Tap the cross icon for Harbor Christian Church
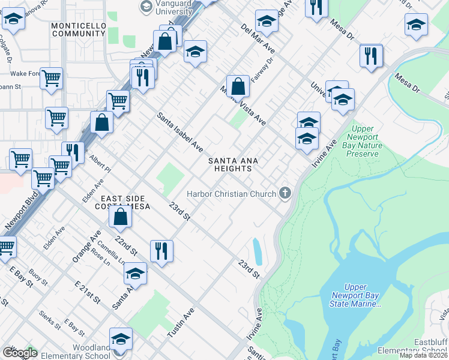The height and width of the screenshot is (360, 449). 285,193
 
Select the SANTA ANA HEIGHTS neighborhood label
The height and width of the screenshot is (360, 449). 234,164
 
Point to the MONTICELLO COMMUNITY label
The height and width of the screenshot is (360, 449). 79,30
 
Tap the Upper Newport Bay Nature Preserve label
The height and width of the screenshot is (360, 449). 363,141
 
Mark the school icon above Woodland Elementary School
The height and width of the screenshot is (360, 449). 121,339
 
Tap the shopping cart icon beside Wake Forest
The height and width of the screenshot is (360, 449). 52,77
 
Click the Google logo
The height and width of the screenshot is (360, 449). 19,353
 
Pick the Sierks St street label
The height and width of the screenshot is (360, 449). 50,319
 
